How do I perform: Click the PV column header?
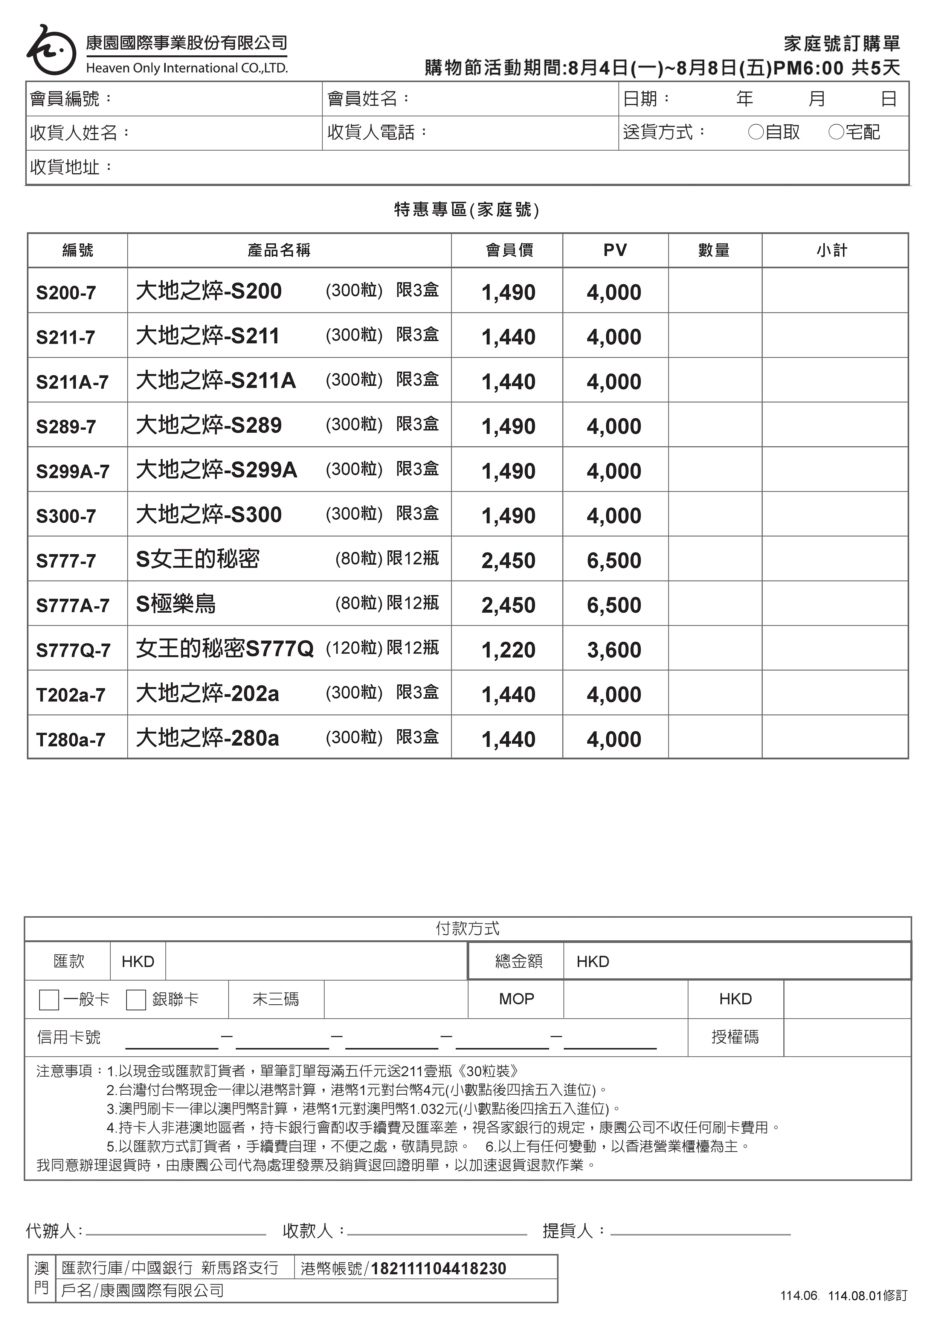pos(615,250)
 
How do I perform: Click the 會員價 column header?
pos(509,250)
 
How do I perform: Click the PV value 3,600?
pos(614,650)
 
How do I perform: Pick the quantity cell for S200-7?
pos(715,291)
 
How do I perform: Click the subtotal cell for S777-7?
pos(835,559)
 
